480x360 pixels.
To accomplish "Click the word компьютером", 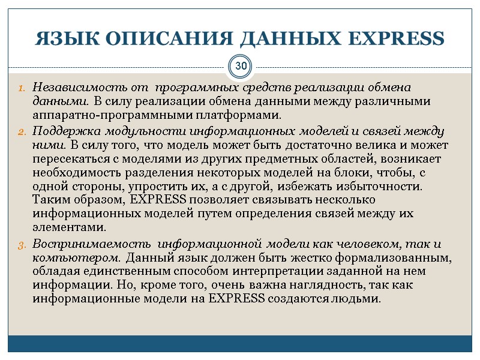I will coord(76,258).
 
